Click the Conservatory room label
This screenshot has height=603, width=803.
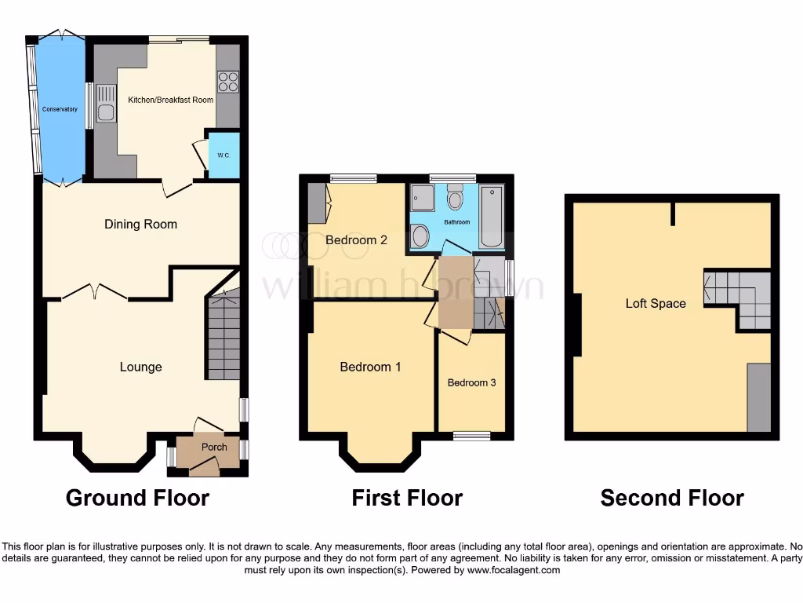[60, 109]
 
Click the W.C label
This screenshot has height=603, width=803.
[223, 155]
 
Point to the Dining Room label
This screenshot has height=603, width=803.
[140, 225]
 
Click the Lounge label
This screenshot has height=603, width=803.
[140, 367]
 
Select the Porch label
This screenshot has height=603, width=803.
[214, 447]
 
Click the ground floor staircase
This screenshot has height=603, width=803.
[223, 338]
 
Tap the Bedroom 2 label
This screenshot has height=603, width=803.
[356, 240]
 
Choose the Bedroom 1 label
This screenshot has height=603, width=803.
[370, 367]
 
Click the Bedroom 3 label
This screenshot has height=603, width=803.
[471, 383]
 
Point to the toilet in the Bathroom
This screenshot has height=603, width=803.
[456, 198]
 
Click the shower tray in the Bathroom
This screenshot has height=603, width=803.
[422, 198]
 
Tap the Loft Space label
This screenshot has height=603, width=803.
[656, 303]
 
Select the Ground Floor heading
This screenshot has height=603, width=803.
[137, 498]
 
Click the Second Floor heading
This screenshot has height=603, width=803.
[672, 498]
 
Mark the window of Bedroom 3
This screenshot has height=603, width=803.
[472, 436]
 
